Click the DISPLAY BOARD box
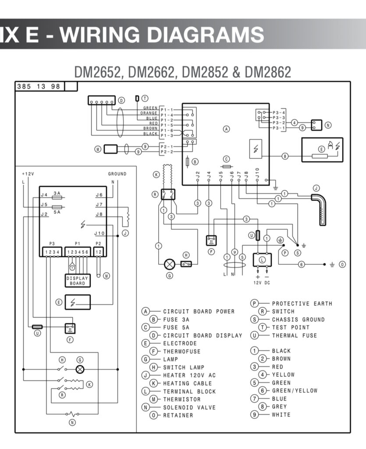[78, 281]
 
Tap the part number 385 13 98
[39, 86]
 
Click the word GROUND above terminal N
[117, 174]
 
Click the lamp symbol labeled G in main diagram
[169, 264]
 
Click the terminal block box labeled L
[263, 260]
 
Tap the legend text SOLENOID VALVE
[189, 407]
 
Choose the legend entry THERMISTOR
[182, 399]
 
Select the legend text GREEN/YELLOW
[295, 391]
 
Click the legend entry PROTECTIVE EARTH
[302, 303]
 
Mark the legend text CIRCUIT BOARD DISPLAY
[203, 335]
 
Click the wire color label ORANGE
[149, 113]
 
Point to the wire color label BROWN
[150, 128]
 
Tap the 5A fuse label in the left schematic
[57, 211]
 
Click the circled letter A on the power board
[226, 129]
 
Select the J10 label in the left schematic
[99, 233]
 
